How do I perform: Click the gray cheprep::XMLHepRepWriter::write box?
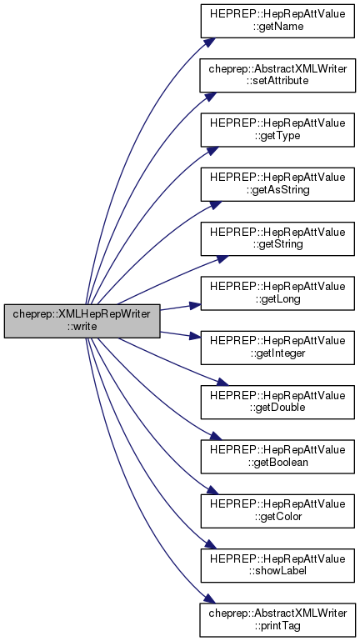point(82,321)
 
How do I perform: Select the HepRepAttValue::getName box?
point(277,21)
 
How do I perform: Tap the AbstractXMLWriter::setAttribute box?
point(277,75)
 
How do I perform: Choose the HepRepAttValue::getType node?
point(277,129)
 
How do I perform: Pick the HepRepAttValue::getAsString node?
point(277,184)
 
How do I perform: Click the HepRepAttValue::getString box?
point(277,238)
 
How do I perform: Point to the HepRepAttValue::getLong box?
point(277,293)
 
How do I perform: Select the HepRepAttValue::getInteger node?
point(277,348)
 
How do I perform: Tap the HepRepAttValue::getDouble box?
point(277,402)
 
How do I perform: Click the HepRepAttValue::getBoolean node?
point(277,457)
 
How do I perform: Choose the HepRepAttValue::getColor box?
point(277,511)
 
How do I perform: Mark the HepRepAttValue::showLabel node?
point(277,565)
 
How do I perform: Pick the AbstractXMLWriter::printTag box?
point(277,619)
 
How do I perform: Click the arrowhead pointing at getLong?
point(195,305)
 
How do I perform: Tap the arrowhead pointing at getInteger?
point(195,337)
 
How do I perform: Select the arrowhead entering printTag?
point(210,598)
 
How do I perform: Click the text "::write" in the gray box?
point(82,328)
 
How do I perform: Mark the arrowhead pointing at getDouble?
point(222,383)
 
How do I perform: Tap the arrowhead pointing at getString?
point(222,258)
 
